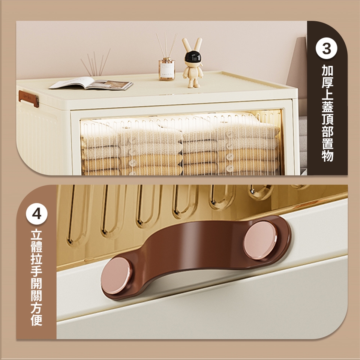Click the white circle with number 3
pyautogui.click(x=326, y=48)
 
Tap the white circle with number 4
pyautogui.click(x=37, y=214)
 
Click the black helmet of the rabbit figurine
pyautogui.click(x=193, y=57)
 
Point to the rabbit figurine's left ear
pyautogui.click(x=186, y=45)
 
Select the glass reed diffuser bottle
pyautogui.click(x=166, y=69)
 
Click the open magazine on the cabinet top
pyautogui.click(x=91, y=83)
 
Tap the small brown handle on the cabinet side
pyautogui.click(x=29, y=99)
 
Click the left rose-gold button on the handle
pyautogui.click(x=116, y=275)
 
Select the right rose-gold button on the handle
pyautogui.click(x=260, y=240)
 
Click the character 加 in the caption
pyautogui.click(x=327, y=70)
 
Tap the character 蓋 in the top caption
pyautogui.click(x=327, y=107)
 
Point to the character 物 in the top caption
pyautogui.click(x=327, y=156)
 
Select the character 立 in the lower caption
pyautogui.click(x=36, y=235)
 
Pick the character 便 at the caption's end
pyautogui.click(x=36, y=320)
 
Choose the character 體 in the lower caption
pyautogui.click(x=36, y=247)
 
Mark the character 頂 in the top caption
pyautogui.click(x=327, y=119)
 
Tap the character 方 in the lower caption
pyautogui.click(x=36, y=308)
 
